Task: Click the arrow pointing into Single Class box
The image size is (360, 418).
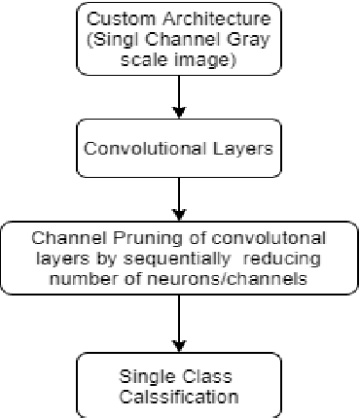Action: coord(180,325)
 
